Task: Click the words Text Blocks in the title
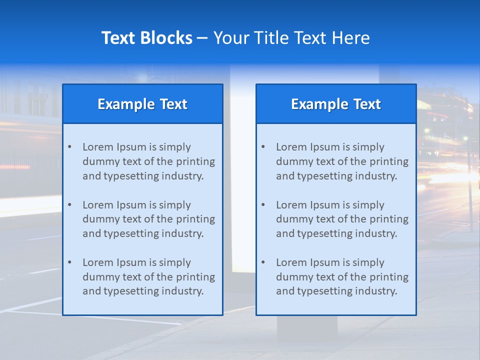click(x=146, y=38)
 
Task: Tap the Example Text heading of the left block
click(x=142, y=104)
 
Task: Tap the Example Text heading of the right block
click(x=336, y=104)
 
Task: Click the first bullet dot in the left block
click(x=69, y=147)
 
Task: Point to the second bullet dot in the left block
click(x=69, y=205)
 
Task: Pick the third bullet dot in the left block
click(x=69, y=262)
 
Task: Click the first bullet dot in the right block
click(x=263, y=147)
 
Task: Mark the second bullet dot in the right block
click(x=263, y=205)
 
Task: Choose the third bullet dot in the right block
click(x=263, y=262)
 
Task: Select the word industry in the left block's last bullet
click(x=184, y=291)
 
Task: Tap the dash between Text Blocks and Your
click(x=202, y=38)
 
